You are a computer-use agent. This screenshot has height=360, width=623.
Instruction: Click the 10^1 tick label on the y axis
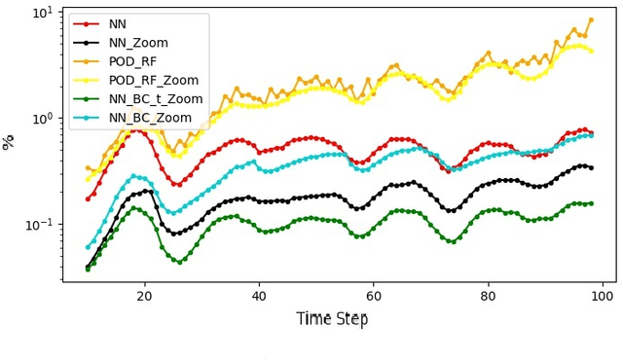[x=43, y=13]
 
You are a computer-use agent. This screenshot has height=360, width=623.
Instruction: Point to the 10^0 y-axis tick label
[x=43, y=119]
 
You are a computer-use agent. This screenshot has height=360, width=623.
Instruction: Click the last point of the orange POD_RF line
[x=591, y=19]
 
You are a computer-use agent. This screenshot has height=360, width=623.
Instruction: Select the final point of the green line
[x=591, y=203]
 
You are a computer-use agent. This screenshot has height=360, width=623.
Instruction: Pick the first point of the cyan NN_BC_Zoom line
[x=88, y=246]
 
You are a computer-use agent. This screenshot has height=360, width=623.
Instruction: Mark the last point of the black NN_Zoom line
[x=591, y=167]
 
